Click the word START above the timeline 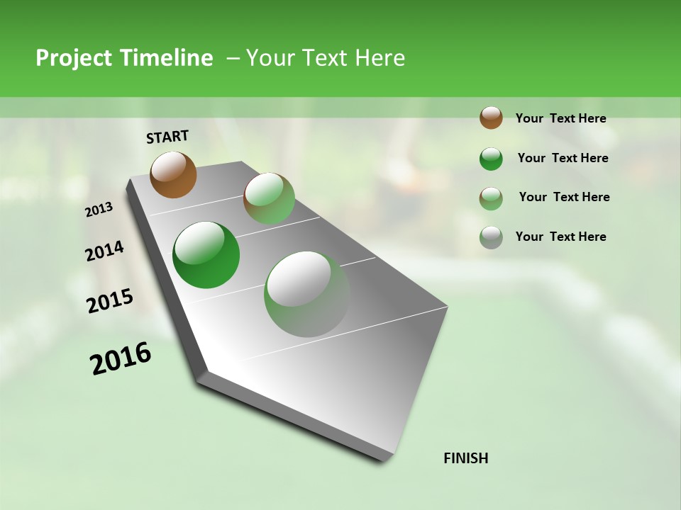click(167, 137)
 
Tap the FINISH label click(466, 458)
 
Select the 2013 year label click(99, 210)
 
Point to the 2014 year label click(104, 251)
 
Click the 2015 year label click(110, 301)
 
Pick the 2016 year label click(121, 358)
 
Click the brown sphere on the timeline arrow click(174, 174)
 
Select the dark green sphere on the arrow click(206, 255)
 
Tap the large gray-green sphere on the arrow click(307, 294)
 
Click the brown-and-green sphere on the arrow click(269, 198)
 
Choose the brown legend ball click(491, 118)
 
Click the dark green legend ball click(491, 159)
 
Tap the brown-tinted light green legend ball click(491, 198)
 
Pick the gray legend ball click(491, 237)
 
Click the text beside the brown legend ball click(560, 119)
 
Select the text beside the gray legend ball click(560, 237)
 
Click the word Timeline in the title click(166, 58)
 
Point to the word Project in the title click(74, 58)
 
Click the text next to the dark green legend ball click(563, 158)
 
